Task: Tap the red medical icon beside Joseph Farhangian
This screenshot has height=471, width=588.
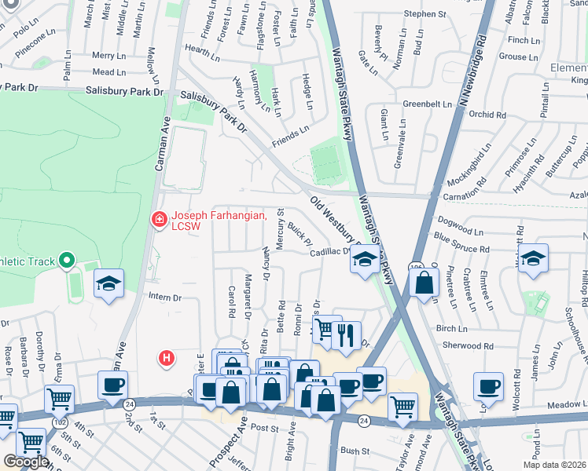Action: [x=160, y=220]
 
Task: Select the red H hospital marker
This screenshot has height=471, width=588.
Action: [x=166, y=359]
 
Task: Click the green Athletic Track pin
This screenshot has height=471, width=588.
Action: [x=68, y=260]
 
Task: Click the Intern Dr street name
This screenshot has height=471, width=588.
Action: [x=165, y=298]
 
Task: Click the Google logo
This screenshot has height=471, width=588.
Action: [x=26, y=462]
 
